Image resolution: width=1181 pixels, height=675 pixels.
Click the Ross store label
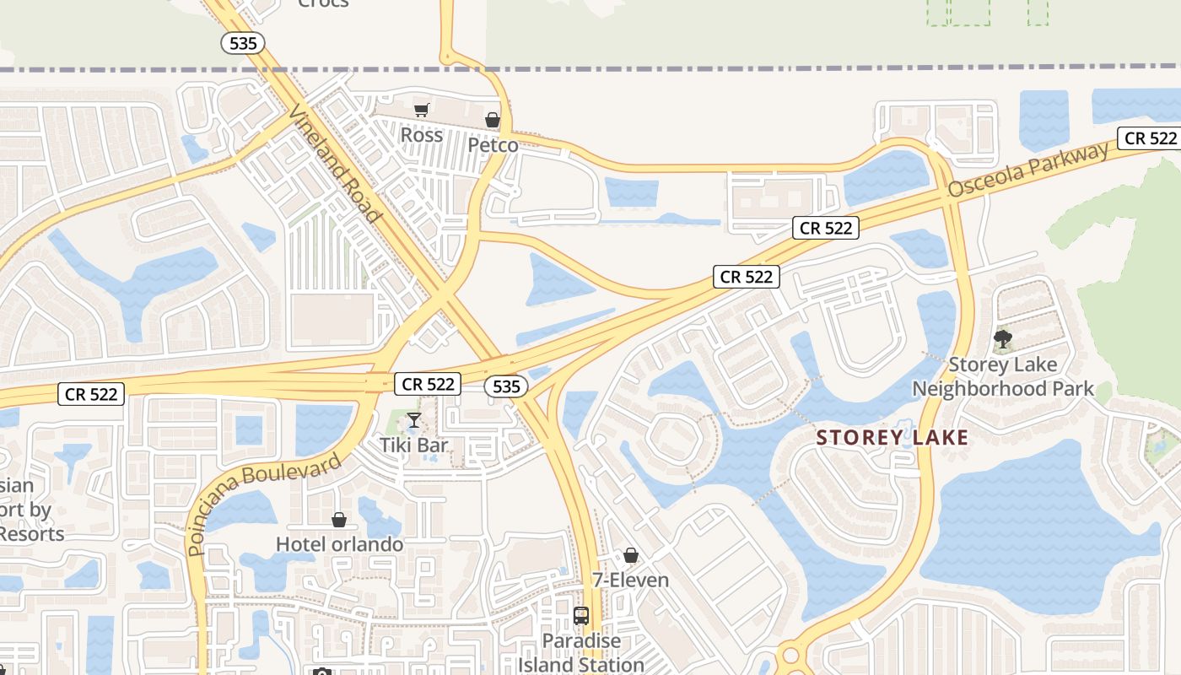click(x=421, y=135)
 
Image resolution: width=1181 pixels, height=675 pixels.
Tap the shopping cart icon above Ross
click(x=422, y=110)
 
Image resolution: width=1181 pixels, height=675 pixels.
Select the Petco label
click(x=493, y=145)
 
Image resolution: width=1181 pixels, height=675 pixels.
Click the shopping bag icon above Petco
click(x=493, y=120)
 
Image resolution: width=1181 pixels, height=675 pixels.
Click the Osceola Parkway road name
click(x=1028, y=170)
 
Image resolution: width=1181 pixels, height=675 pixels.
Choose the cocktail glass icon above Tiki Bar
click(x=413, y=420)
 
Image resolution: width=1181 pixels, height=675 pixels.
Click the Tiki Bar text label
click(x=413, y=445)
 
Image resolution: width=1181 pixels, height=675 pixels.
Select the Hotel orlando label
click(x=339, y=544)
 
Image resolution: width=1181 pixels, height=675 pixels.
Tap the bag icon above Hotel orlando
click(x=339, y=520)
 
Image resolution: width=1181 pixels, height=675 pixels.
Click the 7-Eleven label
click(x=630, y=580)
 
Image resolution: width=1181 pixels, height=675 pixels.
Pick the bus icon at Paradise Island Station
click(x=581, y=616)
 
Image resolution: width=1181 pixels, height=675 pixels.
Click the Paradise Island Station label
click(x=581, y=652)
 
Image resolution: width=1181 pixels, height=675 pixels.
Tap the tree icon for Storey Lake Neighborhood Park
click(x=1003, y=340)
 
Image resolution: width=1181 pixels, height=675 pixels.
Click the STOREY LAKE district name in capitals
click(x=892, y=438)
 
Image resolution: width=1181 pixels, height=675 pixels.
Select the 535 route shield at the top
click(x=243, y=44)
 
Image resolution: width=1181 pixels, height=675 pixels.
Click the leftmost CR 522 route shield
click(x=91, y=393)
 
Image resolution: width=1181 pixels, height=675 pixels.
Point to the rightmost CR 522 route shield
click(x=1151, y=138)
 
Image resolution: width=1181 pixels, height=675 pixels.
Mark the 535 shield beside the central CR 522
click(x=506, y=386)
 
